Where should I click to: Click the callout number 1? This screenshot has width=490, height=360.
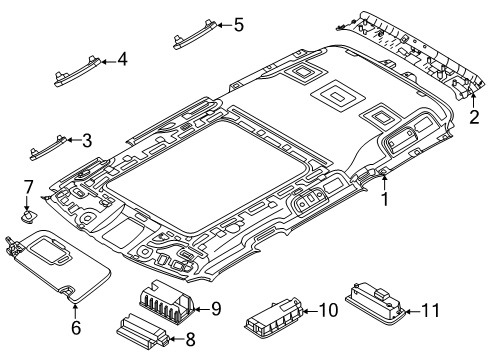coord(385,199)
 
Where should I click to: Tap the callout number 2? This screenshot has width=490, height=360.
coord(474,117)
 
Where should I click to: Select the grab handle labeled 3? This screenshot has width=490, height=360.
coord(48,147)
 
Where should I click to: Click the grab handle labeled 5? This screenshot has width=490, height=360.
coord(195,34)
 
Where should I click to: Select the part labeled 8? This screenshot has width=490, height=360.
coord(142,331)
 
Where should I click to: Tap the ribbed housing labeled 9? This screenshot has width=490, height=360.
coord(166,298)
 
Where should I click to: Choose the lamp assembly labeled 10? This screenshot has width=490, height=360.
coord(274,314)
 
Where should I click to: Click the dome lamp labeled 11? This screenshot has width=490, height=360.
coord(375,299)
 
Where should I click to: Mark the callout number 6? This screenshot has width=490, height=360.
coord(76,327)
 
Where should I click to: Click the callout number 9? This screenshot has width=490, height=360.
coord(216,309)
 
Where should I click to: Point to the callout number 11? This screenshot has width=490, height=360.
coord(431,310)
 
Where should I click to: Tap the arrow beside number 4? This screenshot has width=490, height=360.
coord(109,62)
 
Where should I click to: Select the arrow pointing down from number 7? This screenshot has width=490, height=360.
coord(27,203)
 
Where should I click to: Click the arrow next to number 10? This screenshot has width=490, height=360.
coord(310,311)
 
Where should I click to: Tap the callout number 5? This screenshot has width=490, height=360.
coord(239,25)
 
